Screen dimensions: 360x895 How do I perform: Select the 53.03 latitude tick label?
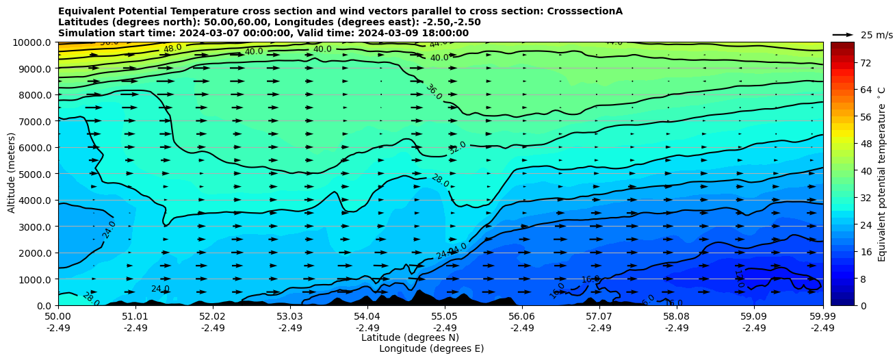[x=289, y=317]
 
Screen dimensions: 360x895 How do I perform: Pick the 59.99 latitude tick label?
[x=822, y=317]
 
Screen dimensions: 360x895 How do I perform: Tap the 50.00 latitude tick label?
[x=58, y=317]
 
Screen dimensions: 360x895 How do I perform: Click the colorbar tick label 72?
[x=865, y=63]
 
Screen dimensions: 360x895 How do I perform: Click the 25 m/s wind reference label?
[x=877, y=35]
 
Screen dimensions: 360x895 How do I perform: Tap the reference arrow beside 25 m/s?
[x=843, y=34]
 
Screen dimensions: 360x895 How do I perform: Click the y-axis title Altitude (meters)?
[x=12, y=173]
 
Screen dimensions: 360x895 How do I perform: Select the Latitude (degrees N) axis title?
[x=410, y=337]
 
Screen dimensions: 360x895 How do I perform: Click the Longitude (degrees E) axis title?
[x=431, y=348]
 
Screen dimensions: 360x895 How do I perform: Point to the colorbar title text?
[x=882, y=174]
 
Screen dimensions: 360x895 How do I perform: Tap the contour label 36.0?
[x=434, y=92]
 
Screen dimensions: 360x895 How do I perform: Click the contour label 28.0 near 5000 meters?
[x=440, y=181]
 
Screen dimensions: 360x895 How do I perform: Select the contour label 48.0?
[x=172, y=49]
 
